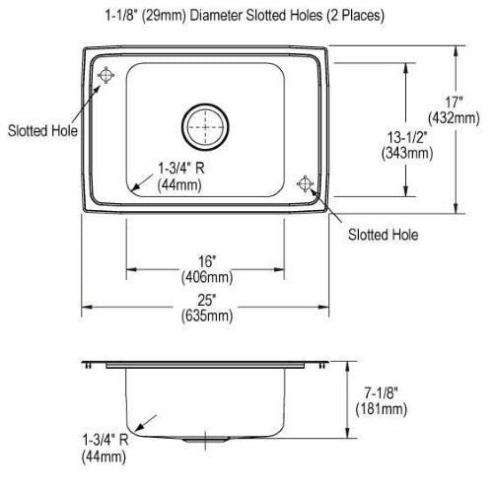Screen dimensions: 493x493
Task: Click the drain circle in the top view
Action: coord(205,105)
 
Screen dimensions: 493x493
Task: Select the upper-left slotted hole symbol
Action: coord(106,75)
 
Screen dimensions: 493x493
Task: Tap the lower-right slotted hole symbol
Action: coord(306,183)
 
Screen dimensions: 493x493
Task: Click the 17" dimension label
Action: coord(454,103)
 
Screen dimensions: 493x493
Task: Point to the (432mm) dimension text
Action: coord(454,118)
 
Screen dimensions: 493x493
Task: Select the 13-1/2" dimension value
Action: coord(407,137)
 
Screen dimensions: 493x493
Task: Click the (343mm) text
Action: coord(407,153)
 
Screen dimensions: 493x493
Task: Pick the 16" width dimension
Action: coord(207,261)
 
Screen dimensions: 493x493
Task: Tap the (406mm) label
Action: coord(207,277)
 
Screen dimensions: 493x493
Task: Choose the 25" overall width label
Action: coord(207,300)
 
